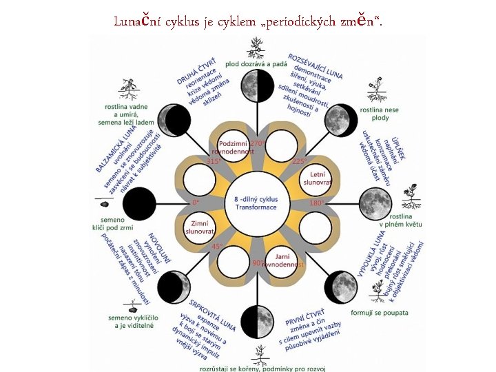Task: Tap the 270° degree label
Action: point(258,143)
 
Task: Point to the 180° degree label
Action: point(317,203)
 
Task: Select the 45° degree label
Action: point(218,246)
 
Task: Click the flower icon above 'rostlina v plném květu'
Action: point(412,194)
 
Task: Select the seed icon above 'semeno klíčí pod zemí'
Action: point(105,204)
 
